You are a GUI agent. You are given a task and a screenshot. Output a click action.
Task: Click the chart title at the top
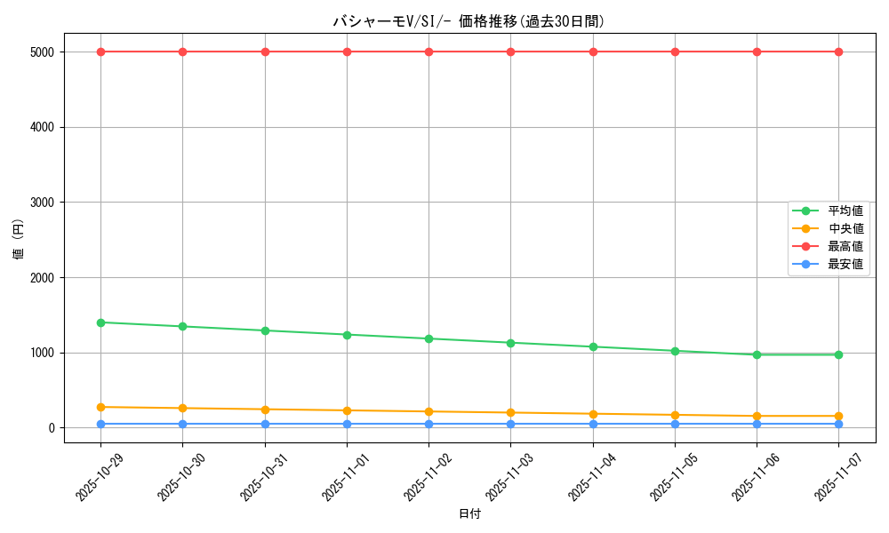469,21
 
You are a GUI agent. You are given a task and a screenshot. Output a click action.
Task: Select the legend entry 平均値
845,211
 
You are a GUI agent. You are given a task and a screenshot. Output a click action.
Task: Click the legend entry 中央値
845,228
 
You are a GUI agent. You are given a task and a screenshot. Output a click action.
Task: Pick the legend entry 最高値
845,246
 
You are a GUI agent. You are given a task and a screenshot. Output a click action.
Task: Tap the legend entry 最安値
845,264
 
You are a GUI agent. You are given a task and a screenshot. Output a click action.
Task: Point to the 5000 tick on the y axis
45,52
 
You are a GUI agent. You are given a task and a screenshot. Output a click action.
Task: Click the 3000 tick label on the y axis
45,203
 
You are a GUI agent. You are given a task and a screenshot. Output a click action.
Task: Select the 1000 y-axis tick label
45,353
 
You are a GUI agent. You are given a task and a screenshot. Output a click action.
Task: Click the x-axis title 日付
469,514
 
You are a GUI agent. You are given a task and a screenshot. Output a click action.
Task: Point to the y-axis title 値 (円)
19,240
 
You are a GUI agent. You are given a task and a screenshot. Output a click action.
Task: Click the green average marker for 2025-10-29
100,322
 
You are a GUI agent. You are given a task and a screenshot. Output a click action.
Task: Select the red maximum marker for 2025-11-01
347,52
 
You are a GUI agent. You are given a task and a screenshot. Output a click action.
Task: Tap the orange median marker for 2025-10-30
182,409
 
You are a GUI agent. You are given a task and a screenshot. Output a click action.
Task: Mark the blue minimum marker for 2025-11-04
593,424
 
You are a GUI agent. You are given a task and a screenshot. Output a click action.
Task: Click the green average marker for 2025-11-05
675,351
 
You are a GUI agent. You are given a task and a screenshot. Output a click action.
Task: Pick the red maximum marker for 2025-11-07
838,52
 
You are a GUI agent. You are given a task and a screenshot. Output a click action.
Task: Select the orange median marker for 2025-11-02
428,411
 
